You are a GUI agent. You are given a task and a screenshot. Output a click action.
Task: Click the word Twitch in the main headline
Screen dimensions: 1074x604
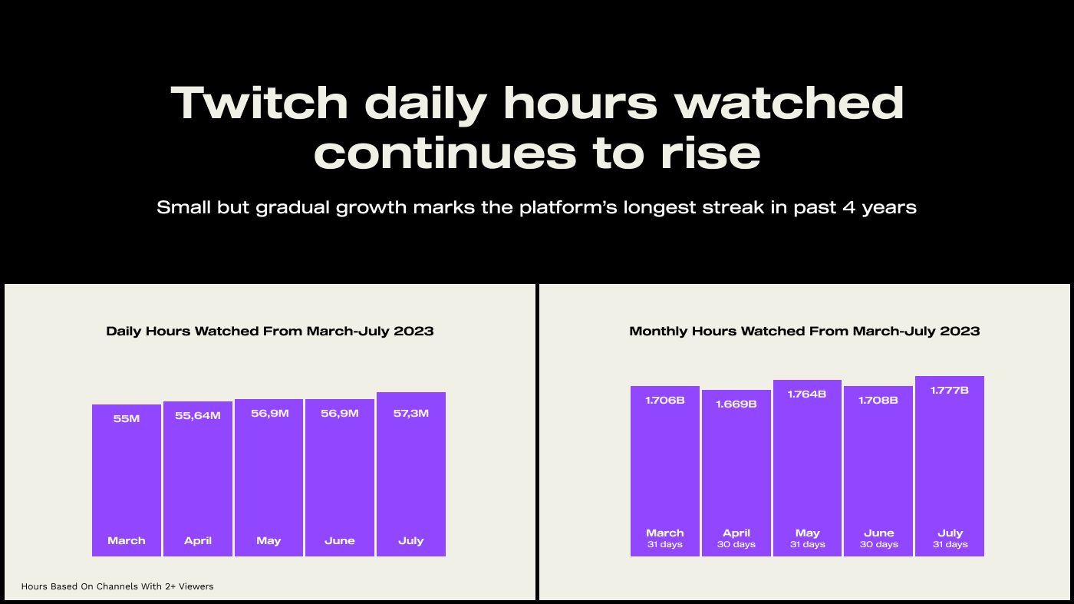pyautogui.click(x=259, y=102)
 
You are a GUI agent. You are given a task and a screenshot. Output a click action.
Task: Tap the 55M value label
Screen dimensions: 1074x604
pyautogui.click(x=127, y=418)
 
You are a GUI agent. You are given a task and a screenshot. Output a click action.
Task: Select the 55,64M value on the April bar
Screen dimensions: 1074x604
pyautogui.click(x=198, y=415)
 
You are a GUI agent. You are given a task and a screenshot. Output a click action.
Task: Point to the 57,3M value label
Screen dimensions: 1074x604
pyautogui.click(x=411, y=413)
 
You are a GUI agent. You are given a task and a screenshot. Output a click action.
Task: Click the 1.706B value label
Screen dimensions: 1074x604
pyautogui.click(x=665, y=400)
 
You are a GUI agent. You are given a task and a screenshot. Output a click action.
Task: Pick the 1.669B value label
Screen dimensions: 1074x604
pyautogui.click(x=736, y=404)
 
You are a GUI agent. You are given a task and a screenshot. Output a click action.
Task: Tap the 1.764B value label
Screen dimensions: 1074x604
pyautogui.click(x=807, y=394)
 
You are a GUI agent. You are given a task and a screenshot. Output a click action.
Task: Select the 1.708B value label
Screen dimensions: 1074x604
pyautogui.click(x=878, y=400)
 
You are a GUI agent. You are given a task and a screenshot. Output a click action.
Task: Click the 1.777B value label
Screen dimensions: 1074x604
pyautogui.click(x=950, y=390)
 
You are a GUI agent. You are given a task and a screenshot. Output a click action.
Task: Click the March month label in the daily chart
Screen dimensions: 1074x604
pyautogui.click(x=127, y=540)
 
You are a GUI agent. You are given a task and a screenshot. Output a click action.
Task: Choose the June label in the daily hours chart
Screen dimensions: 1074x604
pyautogui.click(x=340, y=540)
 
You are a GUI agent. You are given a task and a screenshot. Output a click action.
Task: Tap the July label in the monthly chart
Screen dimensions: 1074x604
pyautogui.click(x=950, y=533)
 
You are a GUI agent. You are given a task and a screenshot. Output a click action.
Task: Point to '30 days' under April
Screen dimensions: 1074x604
pyautogui.click(x=736, y=544)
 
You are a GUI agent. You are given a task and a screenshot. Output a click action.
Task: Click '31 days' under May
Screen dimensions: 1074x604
pyautogui.click(x=807, y=544)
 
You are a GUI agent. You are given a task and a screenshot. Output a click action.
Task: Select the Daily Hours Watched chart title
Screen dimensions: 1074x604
pyautogui.click(x=270, y=331)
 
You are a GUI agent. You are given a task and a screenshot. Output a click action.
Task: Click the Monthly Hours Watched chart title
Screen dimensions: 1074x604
pyautogui.click(x=805, y=331)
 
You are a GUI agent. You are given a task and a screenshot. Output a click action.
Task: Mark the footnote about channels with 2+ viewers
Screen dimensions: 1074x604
pyautogui.click(x=117, y=586)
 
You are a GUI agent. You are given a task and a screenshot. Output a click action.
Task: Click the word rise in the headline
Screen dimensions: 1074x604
pyautogui.click(x=710, y=153)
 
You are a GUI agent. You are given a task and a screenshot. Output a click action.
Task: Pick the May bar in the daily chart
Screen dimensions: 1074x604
pyautogui.click(x=269, y=478)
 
